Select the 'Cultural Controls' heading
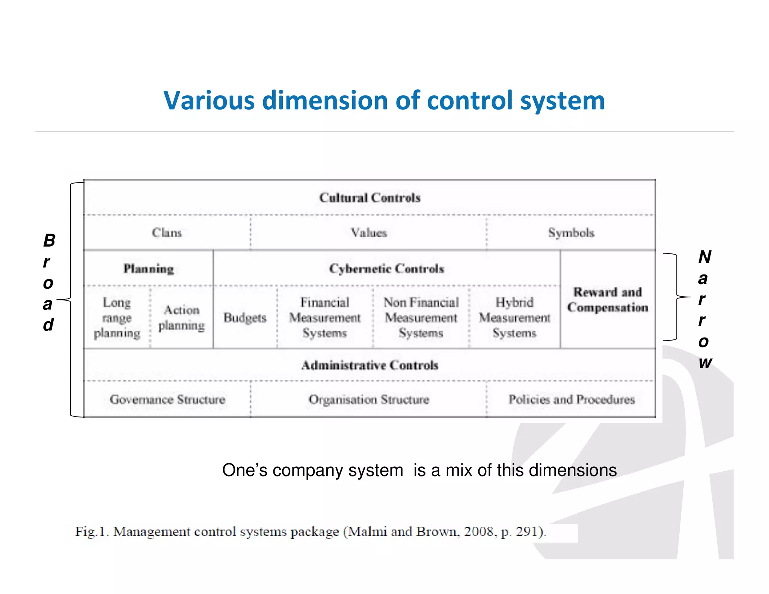point(369,197)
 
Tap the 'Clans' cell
point(167,233)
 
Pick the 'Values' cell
point(369,233)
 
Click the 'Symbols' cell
point(571,233)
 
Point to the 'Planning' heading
point(149,269)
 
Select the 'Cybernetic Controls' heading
point(386,269)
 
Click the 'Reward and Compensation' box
point(608,300)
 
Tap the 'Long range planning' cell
point(117,318)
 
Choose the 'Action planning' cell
point(181,318)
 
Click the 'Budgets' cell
point(245,318)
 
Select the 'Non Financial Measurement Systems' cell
point(421,318)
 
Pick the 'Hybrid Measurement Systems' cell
point(514,318)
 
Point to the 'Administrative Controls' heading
point(370,365)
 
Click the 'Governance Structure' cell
point(167,400)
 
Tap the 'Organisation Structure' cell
point(369,400)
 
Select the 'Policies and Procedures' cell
point(571,400)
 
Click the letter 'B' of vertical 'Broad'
point(49,241)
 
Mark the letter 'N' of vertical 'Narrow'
point(705,257)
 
